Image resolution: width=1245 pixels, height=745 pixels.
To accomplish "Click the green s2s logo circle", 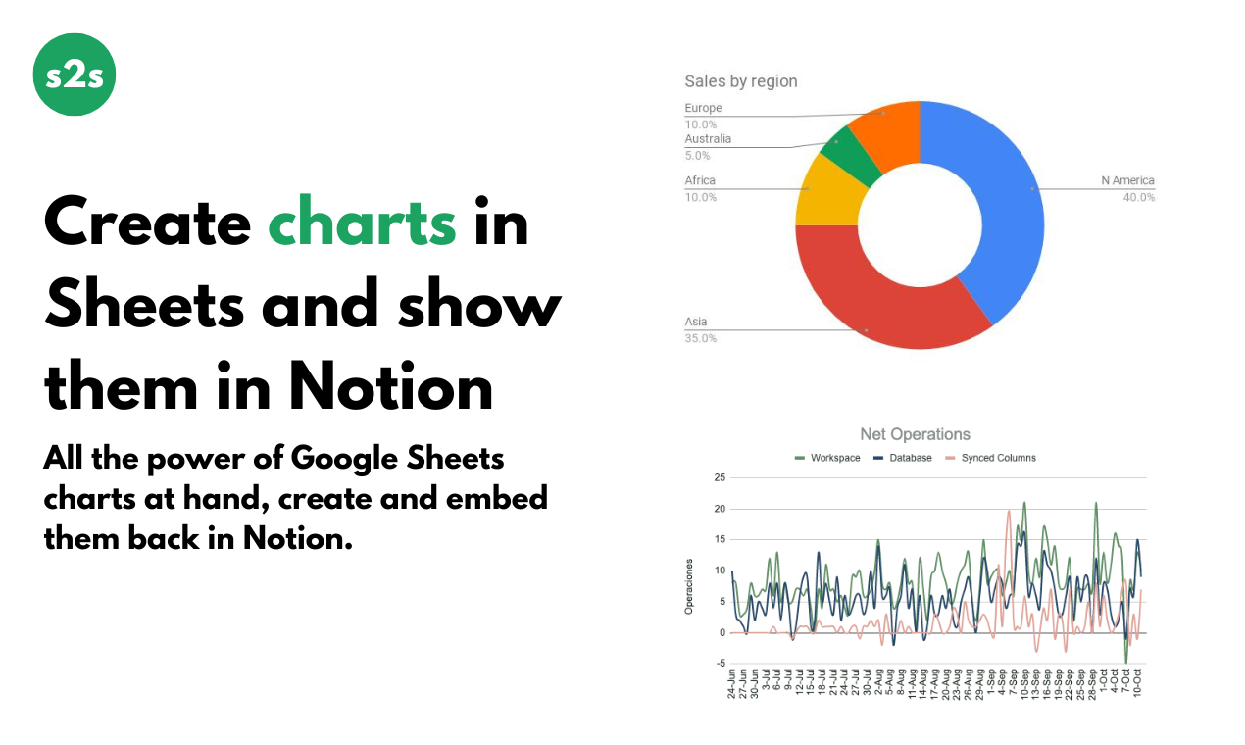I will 75,74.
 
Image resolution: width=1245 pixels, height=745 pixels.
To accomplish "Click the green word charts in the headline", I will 362,223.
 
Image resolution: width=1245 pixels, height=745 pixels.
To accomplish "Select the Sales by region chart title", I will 740,81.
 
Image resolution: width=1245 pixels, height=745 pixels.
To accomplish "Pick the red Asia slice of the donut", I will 882,294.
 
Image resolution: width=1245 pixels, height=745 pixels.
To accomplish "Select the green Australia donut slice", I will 841,156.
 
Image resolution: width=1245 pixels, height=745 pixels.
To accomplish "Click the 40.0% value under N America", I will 1139,197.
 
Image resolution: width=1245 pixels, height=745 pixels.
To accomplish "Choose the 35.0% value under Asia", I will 700,338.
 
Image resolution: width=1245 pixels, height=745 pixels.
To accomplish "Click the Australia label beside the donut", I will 708,139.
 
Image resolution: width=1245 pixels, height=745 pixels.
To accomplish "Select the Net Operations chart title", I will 915,434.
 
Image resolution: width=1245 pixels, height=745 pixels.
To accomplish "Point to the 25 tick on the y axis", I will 720,478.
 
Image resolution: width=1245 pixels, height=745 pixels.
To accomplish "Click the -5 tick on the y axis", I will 721,664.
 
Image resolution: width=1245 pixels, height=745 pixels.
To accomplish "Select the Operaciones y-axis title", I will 689,586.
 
